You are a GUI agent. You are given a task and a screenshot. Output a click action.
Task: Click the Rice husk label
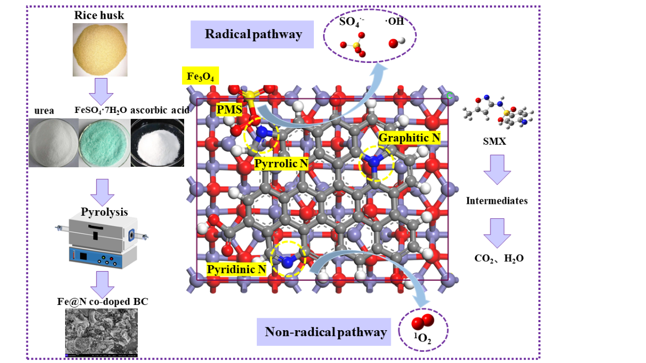pyautogui.click(x=99, y=16)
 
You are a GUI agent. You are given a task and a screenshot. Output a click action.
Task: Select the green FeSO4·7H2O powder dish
pyautogui.click(x=103, y=142)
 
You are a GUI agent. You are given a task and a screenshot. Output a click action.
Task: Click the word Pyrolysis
pyautogui.click(x=104, y=212)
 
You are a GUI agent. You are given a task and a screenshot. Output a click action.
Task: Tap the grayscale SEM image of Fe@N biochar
pyautogui.click(x=101, y=333)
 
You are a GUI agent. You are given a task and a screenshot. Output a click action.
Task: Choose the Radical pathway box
pyautogui.click(x=252, y=34)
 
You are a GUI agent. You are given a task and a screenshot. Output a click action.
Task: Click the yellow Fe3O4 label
pyautogui.click(x=200, y=76)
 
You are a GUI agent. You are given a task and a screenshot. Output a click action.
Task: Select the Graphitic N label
pyautogui.click(x=409, y=138)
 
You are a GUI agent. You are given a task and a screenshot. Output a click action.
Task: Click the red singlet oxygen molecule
pyautogui.click(x=422, y=322)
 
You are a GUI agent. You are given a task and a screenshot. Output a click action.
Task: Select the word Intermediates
pyautogui.click(x=496, y=201)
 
